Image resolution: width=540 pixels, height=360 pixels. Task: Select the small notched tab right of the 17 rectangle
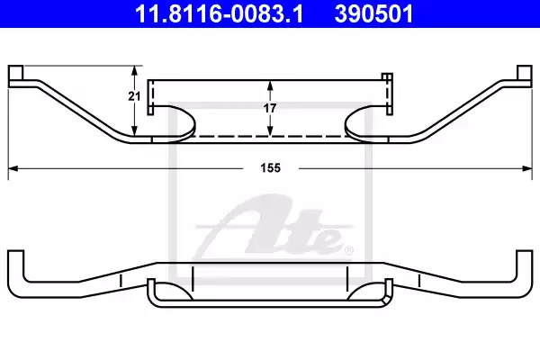[x=389, y=93]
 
